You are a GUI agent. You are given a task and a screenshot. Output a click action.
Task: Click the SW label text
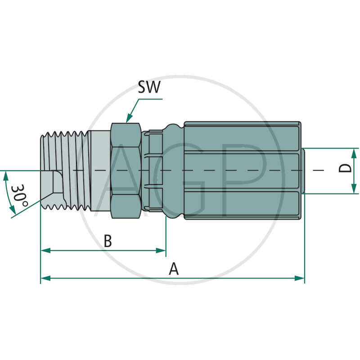coord(148,87)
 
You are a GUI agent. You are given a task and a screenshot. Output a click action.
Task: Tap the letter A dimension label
coord(174,269)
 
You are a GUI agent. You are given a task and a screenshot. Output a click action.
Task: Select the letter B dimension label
coord(108,241)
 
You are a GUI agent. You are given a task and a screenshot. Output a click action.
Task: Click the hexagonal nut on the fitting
coord(125,171)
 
